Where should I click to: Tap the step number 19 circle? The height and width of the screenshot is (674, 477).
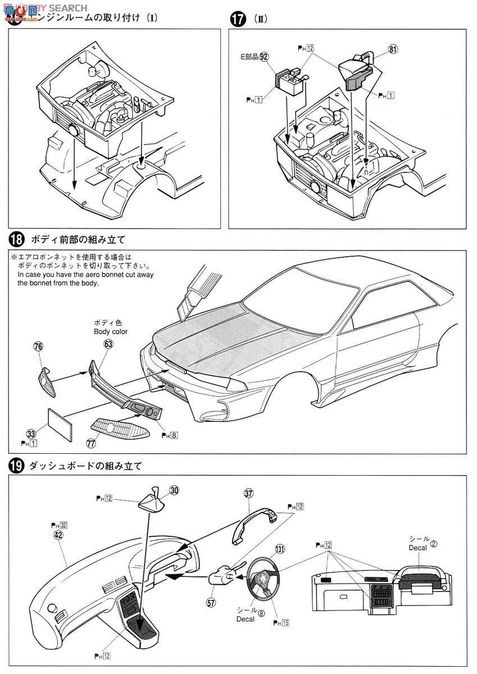click(17, 466)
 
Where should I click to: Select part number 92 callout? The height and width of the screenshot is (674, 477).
click(264, 56)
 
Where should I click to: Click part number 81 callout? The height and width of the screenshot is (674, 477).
click(393, 49)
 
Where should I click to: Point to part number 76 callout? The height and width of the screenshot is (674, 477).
click(38, 347)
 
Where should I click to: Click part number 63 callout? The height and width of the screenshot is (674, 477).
click(108, 344)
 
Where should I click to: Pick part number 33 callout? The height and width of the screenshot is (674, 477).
click(30, 433)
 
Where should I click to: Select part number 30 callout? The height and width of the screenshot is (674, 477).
click(174, 490)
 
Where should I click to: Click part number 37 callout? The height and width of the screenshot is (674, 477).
click(248, 494)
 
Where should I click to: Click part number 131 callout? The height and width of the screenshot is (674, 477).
click(280, 548)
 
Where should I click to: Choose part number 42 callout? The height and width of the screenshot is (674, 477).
click(58, 535)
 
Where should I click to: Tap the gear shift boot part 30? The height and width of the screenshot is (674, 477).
click(151, 499)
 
